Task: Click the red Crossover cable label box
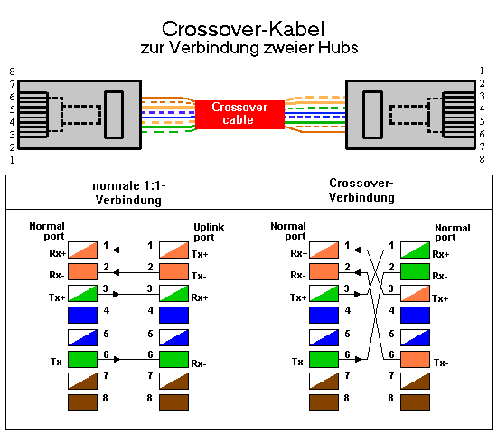pyautogui.click(x=239, y=115)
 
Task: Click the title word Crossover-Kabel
pyautogui.click(x=243, y=29)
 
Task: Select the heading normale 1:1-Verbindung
pyautogui.click(x=128, y=193)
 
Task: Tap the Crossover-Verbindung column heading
pyautogui.click(x=361, y=191)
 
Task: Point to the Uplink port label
pyautogui.click(x=209, y=231)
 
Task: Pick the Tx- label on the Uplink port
pyautogui.click(x=199, y=277)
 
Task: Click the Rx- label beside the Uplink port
pyautogui.click(x=199, y=363)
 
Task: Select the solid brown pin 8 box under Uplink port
pyautogui.click(x=173, y=402)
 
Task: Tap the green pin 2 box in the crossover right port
pyautogui.click(x=415, y=271)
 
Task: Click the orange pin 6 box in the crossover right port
pyautogui.click(x=415, y=359)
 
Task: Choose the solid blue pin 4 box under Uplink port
pyautogui.click(x=173, y=315)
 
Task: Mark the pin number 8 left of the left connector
pyautogui.click(x=12, y=71)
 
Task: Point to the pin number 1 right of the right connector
pyautogui.click(x=482, y=71)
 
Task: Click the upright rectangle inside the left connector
pyautogui.click(x=114, y=115)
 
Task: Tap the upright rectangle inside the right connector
pyautogui.click(x=372, y=115)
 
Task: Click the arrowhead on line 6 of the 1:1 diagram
pyautogui.click(x=117, y=360)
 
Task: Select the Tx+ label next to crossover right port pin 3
pyautogui.click(x=440, y=298)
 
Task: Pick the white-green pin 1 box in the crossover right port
pyautogui.click(x=415, y=250)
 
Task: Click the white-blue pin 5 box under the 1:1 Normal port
pyautogui.click(x=82, y=337)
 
